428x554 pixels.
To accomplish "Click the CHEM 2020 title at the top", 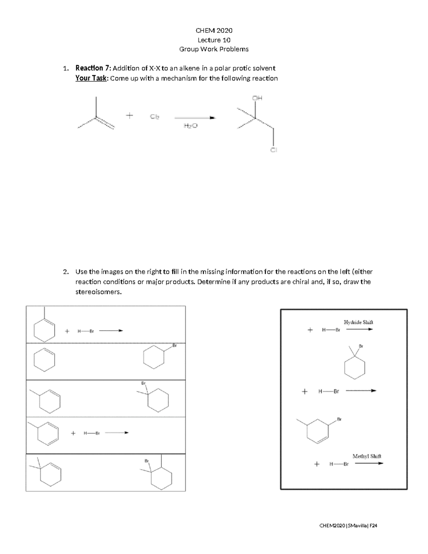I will (214, 30).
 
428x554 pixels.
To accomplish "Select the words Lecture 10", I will (214, 40).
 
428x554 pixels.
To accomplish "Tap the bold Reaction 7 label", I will (93, 68).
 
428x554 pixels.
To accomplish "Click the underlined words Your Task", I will (91, 78).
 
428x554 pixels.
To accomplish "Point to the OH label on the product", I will (257, 98).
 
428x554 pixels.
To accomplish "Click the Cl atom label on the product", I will (273, 150).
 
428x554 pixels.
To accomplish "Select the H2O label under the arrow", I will (190, 126).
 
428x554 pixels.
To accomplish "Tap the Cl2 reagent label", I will (154, 117).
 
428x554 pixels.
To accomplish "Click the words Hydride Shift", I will (358, 322).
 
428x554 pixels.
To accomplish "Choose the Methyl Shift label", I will (367, 456).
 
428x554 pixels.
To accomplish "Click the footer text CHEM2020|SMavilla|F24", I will (348, 525).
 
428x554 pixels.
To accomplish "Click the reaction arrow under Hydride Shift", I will (359, 330).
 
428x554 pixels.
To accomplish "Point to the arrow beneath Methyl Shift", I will (369, 464).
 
